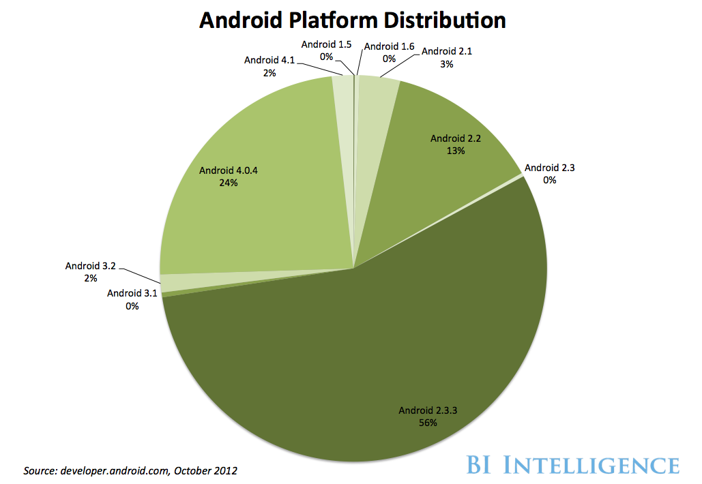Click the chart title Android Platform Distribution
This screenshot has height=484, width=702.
352,21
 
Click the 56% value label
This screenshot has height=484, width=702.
428,423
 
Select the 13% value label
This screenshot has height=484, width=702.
456,150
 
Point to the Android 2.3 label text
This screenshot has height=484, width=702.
550,168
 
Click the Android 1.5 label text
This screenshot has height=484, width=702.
326,45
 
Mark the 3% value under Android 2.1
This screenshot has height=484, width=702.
447,63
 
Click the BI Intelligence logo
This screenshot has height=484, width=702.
573,466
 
